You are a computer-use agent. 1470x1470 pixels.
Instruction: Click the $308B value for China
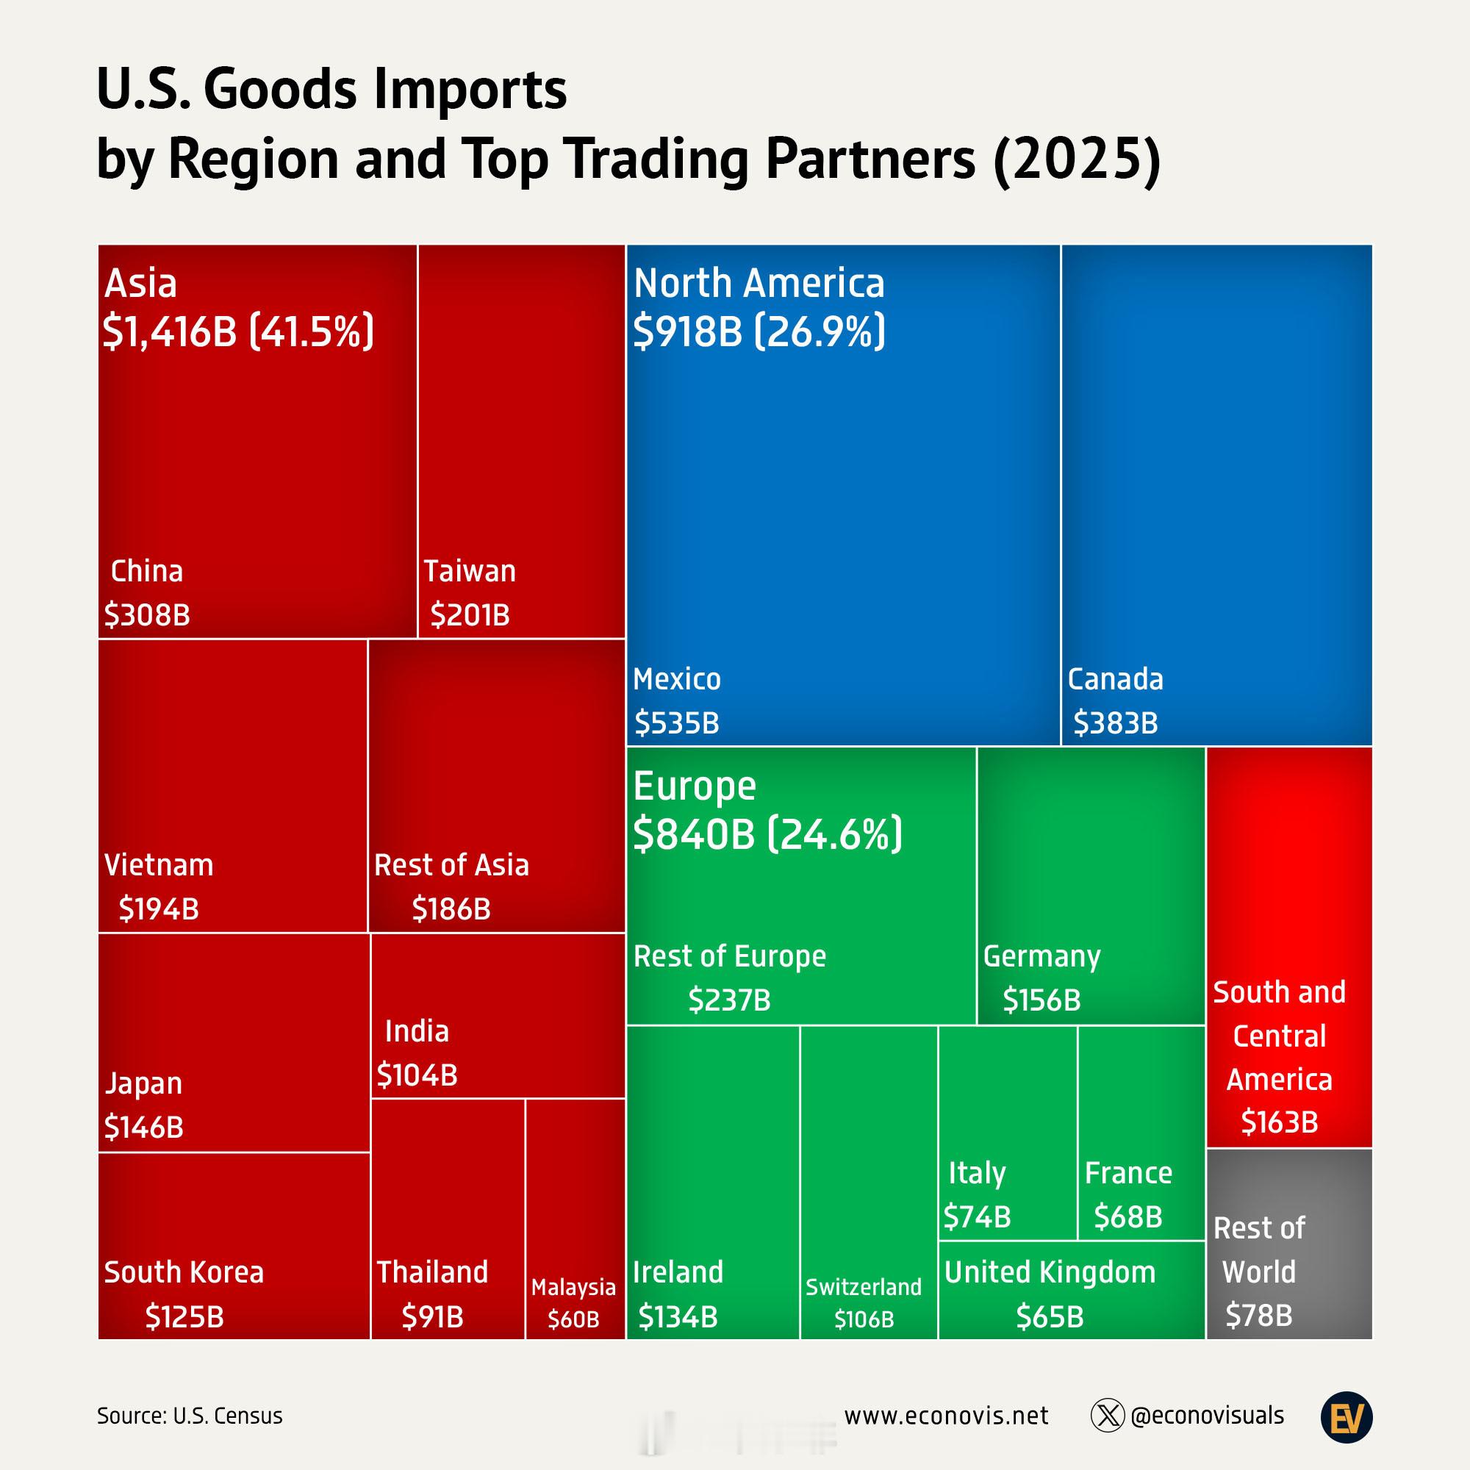pos(147,614)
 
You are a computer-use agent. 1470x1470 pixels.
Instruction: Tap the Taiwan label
pos(470,571)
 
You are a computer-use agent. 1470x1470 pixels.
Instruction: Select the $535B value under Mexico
pos(676,723)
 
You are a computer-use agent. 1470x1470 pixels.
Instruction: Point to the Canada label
pos(1115,679)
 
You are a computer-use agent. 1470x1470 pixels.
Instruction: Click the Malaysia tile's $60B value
pos(574,1319)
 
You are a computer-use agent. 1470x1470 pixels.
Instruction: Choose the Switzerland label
pos(864,1287)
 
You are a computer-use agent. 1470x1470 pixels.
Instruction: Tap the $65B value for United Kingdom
pos(1050,1317)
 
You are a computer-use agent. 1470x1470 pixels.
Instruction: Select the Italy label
pos(977,1172)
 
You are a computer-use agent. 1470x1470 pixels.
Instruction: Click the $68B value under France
pos(1128,1216)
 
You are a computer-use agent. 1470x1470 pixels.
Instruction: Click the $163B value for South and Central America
pos(1279,1122)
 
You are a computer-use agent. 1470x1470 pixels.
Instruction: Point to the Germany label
pos(1041,955)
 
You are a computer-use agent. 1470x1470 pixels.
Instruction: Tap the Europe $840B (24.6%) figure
pos(767,834)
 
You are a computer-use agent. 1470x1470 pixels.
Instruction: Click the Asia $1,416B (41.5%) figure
pos(238,331)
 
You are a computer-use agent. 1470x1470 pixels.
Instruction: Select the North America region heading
pos(759,283)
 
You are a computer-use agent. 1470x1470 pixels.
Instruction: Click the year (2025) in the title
pos(1077,159)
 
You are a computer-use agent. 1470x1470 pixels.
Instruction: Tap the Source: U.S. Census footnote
pos(190,1416)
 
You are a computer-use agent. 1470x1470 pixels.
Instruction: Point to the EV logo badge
pos(1347,1417)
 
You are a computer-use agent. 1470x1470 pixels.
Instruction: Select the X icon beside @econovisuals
pos(1107,1416)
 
